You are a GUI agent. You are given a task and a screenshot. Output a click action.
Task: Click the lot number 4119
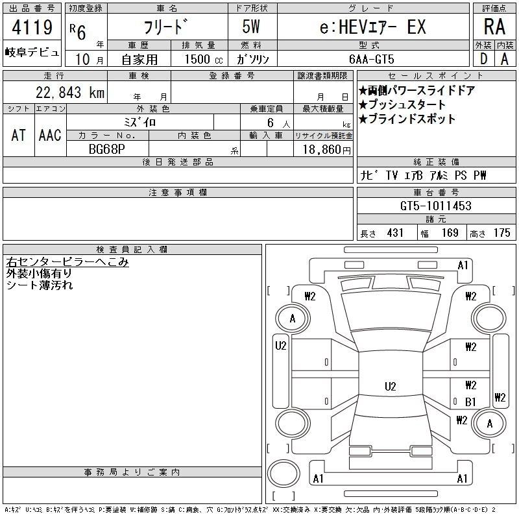(32, 27)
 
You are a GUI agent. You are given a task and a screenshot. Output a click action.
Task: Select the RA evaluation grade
(494, 27)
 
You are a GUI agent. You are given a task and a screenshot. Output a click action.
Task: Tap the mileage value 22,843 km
(70, 92)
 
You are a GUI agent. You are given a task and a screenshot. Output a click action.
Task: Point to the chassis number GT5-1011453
(435, 206)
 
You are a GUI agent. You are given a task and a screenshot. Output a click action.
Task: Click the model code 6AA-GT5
(371, 59)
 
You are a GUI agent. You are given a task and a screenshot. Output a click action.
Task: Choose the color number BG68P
(107, 149)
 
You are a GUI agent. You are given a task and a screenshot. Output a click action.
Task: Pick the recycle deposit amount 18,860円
(327, 150)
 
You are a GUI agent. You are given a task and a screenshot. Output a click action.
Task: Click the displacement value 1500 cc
(204, 59)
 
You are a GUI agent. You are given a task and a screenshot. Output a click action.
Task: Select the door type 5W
(251, 27)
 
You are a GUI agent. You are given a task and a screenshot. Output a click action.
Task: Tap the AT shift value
(19, 135)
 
